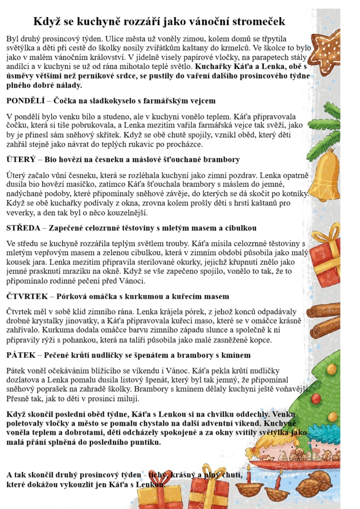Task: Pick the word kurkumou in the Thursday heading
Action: click(x=146, y=296)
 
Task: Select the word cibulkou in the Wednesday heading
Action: click(x=239, y=228)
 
